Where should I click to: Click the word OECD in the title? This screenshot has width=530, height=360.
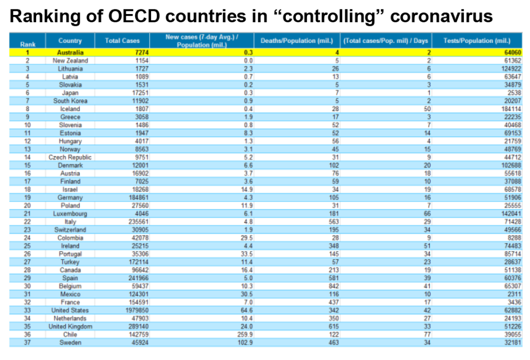click(x=134, y=16)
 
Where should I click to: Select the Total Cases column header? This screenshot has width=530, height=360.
click(x=122, y=40)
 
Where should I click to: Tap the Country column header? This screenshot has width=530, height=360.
click(x=70, y=40)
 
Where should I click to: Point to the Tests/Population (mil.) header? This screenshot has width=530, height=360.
click(x=477, y=40)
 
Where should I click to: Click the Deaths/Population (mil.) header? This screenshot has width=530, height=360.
click(x=297, y=40)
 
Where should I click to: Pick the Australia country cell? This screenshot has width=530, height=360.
click(x=70, y=52)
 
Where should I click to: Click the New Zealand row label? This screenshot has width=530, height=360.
click(x=70, y=61)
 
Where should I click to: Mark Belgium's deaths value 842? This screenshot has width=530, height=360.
click(x=334, y=286)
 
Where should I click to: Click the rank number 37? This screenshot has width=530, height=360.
click(x=27, y=342)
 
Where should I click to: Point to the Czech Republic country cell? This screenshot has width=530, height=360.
click(x=70, y=157)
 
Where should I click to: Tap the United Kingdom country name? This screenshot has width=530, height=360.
click(x=70, y=326)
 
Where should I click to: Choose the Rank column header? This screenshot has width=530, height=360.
click(x=27, y=45)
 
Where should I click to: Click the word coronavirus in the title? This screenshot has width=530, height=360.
click(x=441, y=16)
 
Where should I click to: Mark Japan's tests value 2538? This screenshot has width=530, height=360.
click(x=514, y=93)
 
